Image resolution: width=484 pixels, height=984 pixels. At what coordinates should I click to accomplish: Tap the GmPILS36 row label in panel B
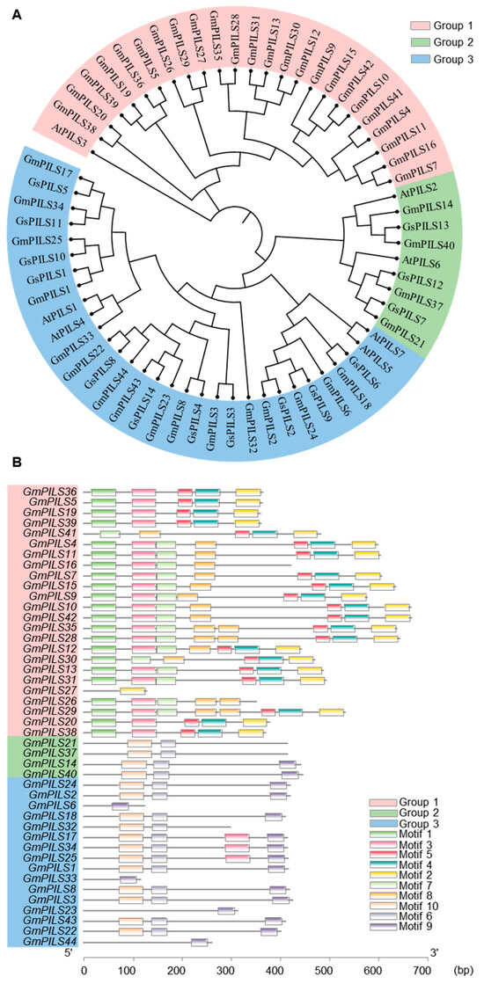54,492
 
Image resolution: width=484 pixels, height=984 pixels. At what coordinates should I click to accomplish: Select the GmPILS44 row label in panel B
54,942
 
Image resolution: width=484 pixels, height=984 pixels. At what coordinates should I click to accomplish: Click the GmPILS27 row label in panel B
54,691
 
